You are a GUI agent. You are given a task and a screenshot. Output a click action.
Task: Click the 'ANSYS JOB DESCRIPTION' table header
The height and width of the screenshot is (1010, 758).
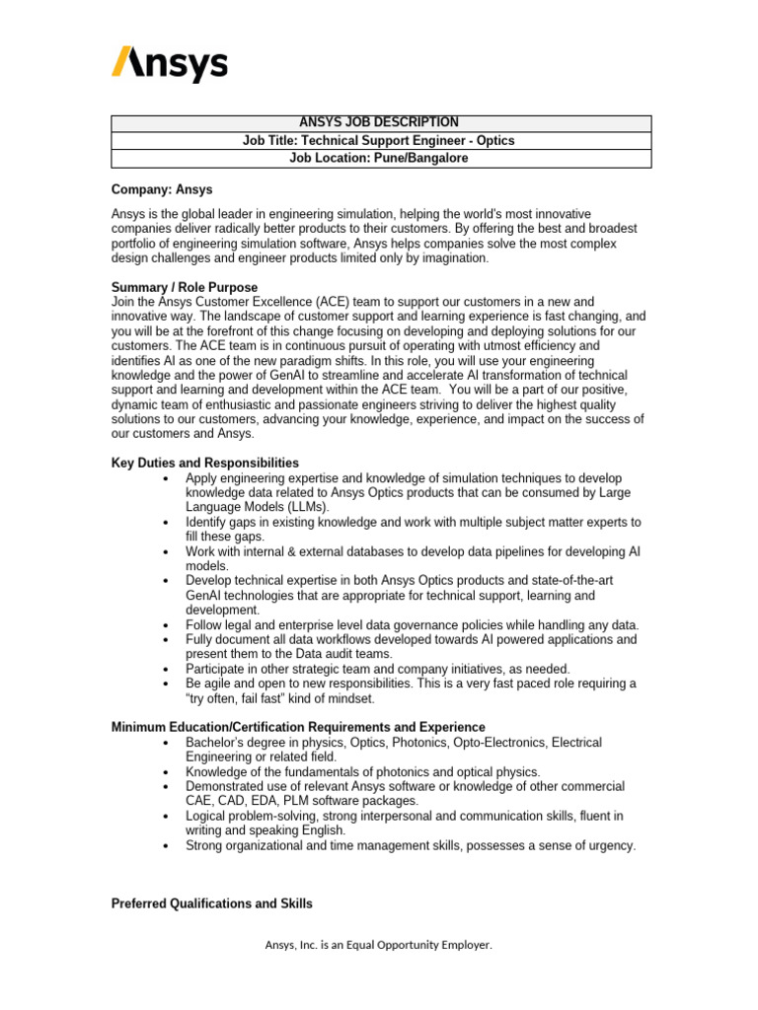pyautogui.click(x=380, y=122)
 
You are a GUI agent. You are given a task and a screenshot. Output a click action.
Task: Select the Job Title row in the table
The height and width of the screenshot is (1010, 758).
pyautogui.click(x=380, y=141)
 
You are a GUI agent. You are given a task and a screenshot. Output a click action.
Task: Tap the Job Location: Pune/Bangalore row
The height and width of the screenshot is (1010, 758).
pyautogui.click(x=380, y=158)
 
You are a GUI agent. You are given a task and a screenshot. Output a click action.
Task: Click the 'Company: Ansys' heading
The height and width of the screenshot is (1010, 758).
pyautogui.click(x=161, y=189)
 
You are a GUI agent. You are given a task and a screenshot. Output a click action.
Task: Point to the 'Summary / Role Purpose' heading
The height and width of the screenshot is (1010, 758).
pyautogui.click(x=185, y=286)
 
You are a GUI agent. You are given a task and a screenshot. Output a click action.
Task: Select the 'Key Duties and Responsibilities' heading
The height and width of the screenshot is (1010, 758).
pyautogui.click(x=204, y=463)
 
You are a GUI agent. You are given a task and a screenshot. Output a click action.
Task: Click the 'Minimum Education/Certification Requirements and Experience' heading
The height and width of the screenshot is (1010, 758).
pyautogui.click(x=298, y=727)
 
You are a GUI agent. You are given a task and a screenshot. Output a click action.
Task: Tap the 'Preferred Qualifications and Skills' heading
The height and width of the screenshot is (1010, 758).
pyautogui.click(x=211, y=903)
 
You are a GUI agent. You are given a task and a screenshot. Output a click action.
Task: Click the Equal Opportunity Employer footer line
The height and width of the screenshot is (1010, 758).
pyautogui.click(x=378, y=945)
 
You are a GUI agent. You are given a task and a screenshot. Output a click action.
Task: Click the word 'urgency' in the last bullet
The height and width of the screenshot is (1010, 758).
pyautogui.click(x=611, y=845)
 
